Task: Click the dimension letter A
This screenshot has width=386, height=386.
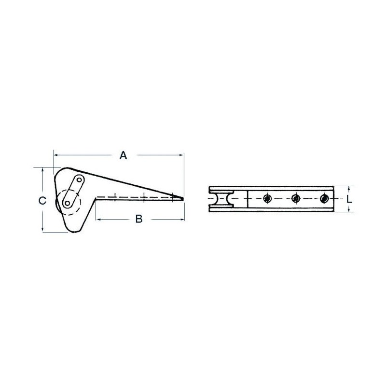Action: pos(123,155)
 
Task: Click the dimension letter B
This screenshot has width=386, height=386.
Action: pos(139,219)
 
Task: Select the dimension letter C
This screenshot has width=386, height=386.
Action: pos(42,201)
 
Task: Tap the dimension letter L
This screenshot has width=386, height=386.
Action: pos(349,199)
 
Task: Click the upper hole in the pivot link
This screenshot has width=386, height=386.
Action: pos(79,180)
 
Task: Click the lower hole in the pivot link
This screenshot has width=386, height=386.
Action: pos(67,203)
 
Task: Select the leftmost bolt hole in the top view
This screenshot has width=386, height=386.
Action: pos(267,198)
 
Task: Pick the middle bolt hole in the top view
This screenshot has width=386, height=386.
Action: pos(295,198)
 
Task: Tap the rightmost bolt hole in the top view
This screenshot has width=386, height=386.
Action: pos(324,198)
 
